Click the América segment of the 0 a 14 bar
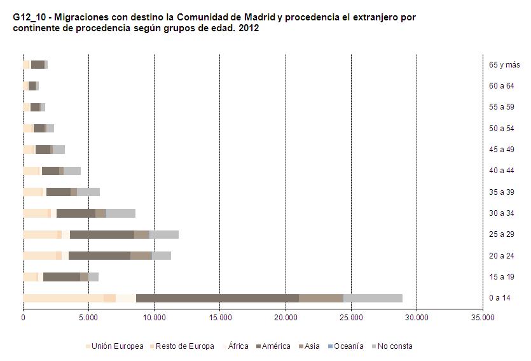(217, 298)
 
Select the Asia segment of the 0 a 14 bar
(321, 298)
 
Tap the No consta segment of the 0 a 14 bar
(373, 298)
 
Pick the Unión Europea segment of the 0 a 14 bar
(63, 298)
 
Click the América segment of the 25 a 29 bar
(102, 234)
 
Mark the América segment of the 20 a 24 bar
(99, 255)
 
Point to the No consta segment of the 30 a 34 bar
(120, 213)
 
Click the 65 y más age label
(504, 65)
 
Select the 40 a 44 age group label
(501, 171)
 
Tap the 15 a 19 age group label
(501, 277)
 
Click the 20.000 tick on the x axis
(286, 316)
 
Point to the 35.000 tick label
(482, 316)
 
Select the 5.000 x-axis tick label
(88, 316)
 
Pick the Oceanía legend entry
(348, 346)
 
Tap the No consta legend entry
(394, 346)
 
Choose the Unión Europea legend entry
(117, 346)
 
